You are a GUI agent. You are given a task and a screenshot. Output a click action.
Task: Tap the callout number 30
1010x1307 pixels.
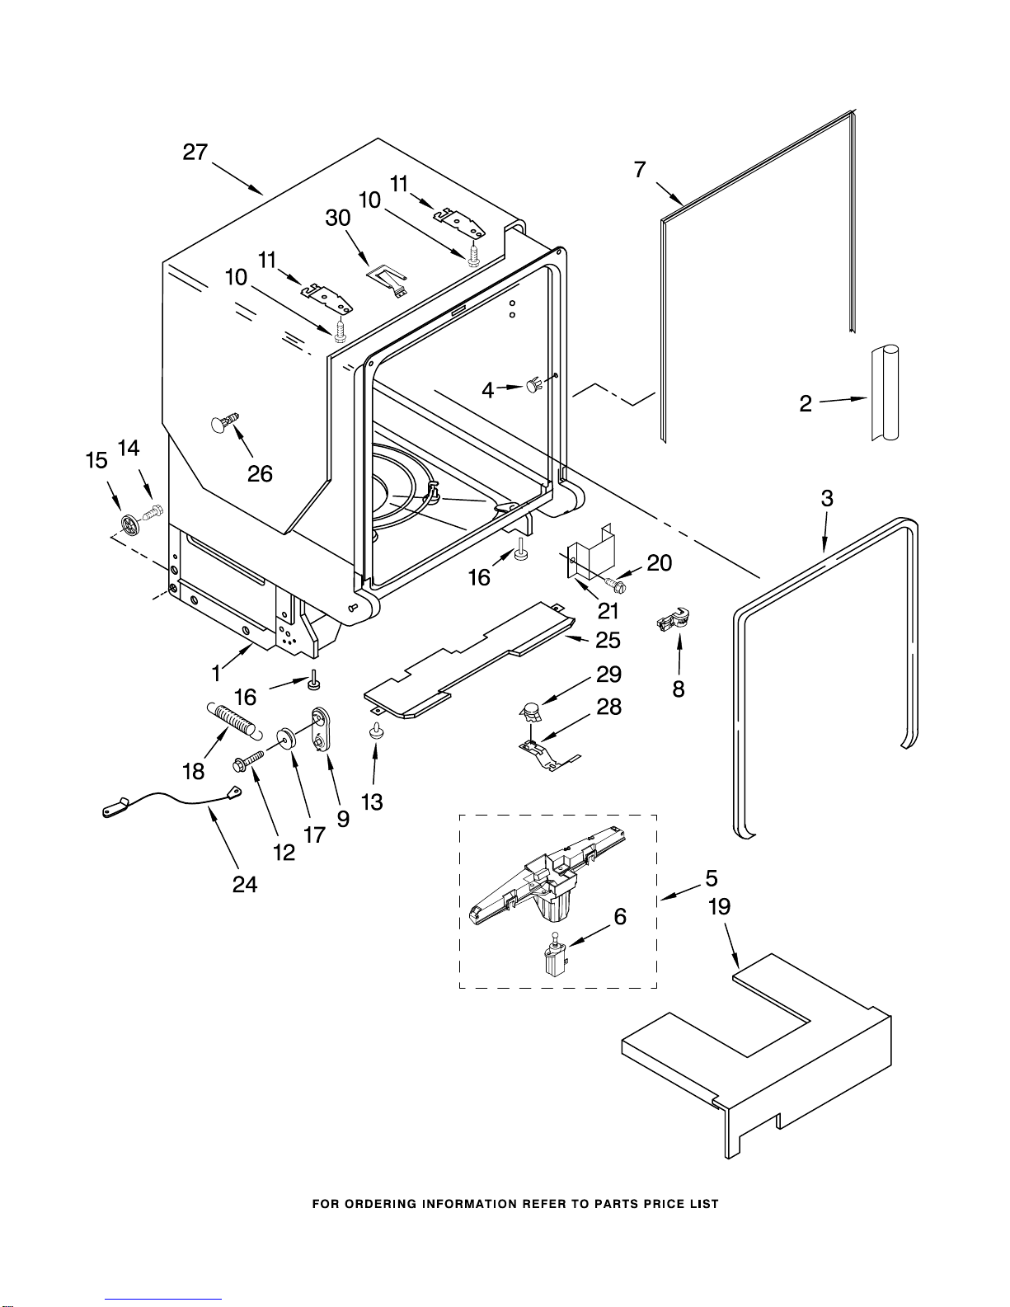(x=338, y=218)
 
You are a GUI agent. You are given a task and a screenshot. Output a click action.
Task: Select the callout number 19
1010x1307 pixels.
(x=719, y=907)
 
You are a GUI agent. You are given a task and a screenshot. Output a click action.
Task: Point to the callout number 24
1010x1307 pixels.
(x=245, y=885)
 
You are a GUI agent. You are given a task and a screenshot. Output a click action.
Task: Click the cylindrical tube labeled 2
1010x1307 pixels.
(x=885, y=393)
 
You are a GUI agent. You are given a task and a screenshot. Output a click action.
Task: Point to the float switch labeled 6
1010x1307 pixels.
(x=554, y=957)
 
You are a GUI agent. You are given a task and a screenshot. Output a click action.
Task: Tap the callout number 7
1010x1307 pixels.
(x=640, y=170)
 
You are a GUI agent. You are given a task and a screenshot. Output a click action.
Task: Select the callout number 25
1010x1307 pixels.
(x=608, y=640)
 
